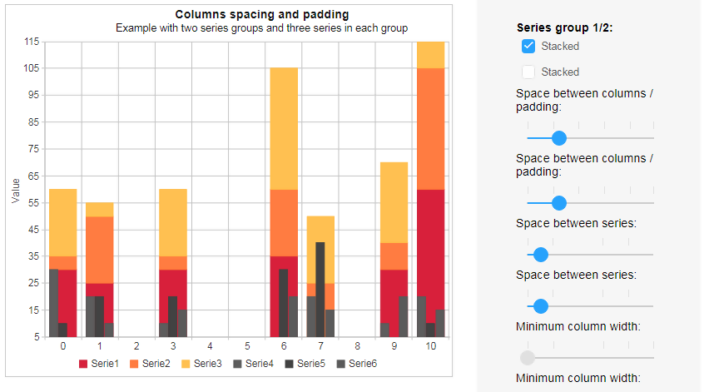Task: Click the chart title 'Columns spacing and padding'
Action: (261, 14)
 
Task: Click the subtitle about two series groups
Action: (261, 27)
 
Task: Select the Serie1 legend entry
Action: (99, 364)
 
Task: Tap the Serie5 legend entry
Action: (305, 364)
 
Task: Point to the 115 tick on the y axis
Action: (31, 42)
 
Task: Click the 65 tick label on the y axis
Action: (31, 176)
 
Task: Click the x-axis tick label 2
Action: (136, 345)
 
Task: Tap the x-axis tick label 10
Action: (430, 345)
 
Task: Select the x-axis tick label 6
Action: (283, 345)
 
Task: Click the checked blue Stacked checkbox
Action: (528, 47)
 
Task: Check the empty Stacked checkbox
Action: (528, 72)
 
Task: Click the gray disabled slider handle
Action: (527, 358)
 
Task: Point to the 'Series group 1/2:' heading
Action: (563, 27)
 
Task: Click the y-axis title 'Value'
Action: (16, 190)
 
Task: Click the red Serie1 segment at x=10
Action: (430, 250)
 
